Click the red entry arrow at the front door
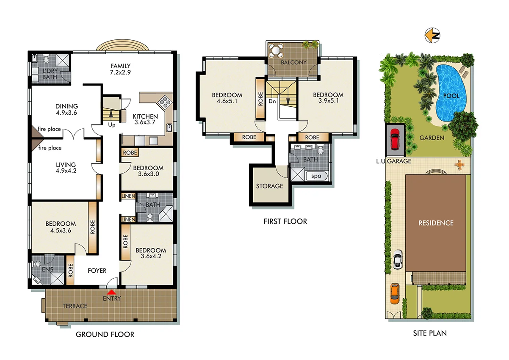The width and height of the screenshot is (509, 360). coord(111,292)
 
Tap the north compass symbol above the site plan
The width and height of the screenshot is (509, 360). coord(432,36)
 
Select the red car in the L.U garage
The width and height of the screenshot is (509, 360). coord(394,139)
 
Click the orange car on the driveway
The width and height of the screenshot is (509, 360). coord(394,293)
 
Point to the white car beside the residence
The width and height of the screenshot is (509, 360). coord(397,260)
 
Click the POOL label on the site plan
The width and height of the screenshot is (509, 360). coord(451,96)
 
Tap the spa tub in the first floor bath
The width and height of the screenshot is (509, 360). coord(316,176)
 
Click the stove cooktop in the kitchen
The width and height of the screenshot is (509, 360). coord(164,102)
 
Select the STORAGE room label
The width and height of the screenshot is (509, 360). coord(269,186)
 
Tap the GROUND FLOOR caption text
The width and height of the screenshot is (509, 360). coord(105,335)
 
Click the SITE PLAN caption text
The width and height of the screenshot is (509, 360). coord(430,333)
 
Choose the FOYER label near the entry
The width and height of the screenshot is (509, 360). coord(97,271)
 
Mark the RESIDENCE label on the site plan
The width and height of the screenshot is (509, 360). coord(436,223)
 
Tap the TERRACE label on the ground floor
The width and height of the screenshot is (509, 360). coord(75,306)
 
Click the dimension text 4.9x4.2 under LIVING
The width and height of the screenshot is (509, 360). coord(66,172)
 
